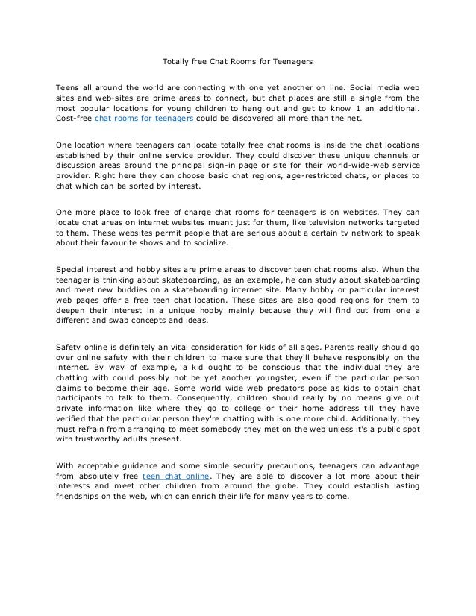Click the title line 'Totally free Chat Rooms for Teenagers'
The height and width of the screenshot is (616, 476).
pos(237,57)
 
